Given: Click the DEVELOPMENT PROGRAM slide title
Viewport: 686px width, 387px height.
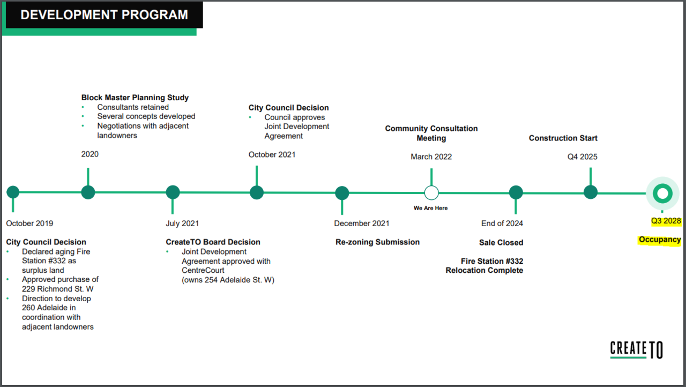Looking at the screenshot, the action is pyautogui.click(x=104, y=14).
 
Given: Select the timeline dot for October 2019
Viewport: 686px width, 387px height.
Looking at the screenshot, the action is pyautogui.click(x=13, y=192).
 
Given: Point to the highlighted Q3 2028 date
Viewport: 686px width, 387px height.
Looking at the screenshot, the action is pyautogui.click(x=666, y=221).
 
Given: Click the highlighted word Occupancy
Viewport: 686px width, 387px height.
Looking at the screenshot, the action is pyautogui.click(x=660, y=240).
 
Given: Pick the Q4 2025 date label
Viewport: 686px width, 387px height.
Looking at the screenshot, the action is pyautogui.click(x=582, y=157).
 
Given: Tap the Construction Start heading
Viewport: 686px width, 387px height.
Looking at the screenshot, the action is pyautogui.click(x=563, y=138).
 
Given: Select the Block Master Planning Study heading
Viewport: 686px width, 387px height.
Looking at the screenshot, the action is pyautogui.click(x=135, y=98).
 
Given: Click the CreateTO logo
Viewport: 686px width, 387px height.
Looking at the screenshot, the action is pyautogui.click(x=636, y=349).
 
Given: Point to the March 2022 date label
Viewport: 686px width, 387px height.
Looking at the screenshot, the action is pyautogui.click(x=431, y=157).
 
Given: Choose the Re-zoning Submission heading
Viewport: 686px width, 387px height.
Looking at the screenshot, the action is pyautogui.click(x=378, y=242).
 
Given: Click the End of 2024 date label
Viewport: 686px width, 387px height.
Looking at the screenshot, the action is pyautogui.click(x=502, y=224).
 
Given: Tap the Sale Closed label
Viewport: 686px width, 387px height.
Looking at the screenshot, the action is pyautogui.click(x=501, y=242).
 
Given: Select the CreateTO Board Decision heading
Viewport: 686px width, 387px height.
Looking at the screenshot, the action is pyautogui.click(x=213, y=242).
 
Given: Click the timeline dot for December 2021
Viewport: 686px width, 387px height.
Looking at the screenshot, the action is pyautogui.click(x=342, y=193).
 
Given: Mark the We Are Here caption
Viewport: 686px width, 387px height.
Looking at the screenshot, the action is pyautogui.click(x=430, y=208).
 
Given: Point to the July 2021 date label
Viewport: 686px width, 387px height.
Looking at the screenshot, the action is pyautogui.click(x=182, y=224).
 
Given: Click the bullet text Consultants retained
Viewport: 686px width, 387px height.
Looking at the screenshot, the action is pyautogui.click(x=133, y=107).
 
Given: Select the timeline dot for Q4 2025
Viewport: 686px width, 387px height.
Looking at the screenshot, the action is pyautogui.click(x=591, y=192).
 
